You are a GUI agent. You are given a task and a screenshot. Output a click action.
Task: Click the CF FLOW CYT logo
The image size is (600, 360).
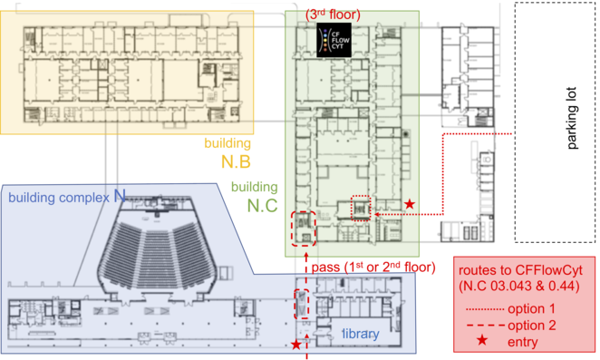(334, 40)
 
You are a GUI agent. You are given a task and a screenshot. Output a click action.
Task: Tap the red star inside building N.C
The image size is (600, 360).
(410, 204)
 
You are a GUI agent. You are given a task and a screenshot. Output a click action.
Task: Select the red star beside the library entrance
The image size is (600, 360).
(296, 345)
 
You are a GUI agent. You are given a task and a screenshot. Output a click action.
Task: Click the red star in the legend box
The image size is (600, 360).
(482, 340)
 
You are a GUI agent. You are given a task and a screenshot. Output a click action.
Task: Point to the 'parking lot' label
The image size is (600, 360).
(571, 118)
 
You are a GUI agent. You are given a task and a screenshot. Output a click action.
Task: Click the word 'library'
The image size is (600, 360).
(361, 334)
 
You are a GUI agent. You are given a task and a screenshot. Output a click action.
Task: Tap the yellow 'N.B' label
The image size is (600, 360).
(236, 162)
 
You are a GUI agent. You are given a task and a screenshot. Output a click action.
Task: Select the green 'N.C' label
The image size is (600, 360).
(263, 206)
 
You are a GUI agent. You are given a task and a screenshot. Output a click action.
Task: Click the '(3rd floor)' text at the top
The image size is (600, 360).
(333, 15)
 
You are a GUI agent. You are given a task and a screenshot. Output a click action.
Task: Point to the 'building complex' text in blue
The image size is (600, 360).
(59, 198)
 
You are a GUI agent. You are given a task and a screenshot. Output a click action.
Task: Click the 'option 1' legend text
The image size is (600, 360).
(531, 308)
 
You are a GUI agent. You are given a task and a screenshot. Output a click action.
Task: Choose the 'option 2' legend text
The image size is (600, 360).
(532, 326)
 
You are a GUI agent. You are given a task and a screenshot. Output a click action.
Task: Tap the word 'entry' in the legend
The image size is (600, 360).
(523, 342)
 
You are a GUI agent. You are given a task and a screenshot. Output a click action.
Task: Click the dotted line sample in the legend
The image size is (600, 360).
(485, 309)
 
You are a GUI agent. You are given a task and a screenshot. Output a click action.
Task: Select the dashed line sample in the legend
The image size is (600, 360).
(486, 326)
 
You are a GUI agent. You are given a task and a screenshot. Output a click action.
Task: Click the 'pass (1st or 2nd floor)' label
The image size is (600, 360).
(373, 267)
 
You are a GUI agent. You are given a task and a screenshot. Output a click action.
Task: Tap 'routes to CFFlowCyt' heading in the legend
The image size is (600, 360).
(520, 270)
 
